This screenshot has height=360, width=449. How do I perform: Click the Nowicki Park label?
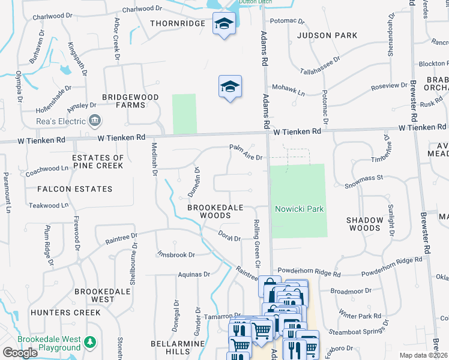coord(300,209)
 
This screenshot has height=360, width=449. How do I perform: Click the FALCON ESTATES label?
coord(74,189)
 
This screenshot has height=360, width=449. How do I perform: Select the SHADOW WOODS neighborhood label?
coord(364,224)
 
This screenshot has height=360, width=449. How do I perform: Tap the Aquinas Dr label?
coord(193,274)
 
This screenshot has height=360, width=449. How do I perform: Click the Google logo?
coord(20,353)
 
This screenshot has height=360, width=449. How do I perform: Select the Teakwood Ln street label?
coord(45,205)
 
